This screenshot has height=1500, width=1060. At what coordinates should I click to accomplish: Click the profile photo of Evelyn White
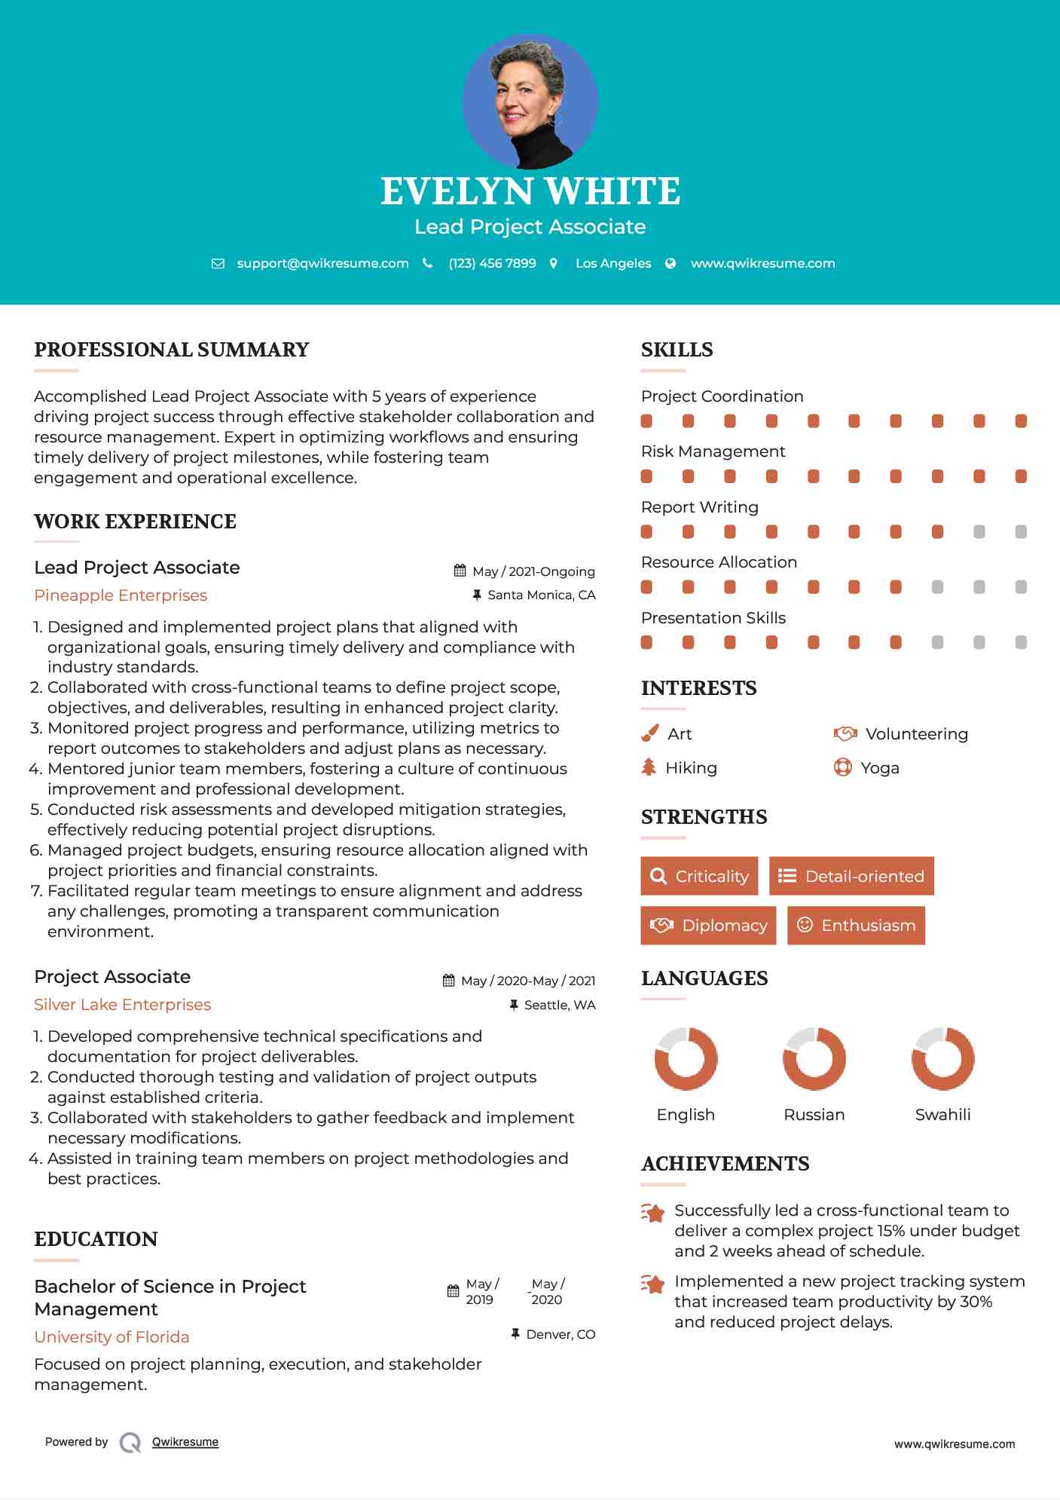pyautogui.click(x=530, y=102)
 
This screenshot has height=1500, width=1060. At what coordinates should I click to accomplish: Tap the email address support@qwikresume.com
pyautogui.click(x=322, y=263)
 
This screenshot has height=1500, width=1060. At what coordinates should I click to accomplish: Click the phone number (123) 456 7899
pyautogui.click(x=492, y=263)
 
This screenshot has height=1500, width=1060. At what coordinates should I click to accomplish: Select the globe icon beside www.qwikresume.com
pyautogui.click(x=671, y=263)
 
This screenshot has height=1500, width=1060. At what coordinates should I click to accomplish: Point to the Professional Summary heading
pyautogui.click(x=172, y=350)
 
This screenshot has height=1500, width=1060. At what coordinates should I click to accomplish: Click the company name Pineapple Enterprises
pyautogui.click(x=121, y=595)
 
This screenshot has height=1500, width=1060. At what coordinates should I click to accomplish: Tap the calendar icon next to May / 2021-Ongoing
pyautogui.click(x=460, y=571)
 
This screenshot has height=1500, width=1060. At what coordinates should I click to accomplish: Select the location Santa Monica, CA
pyautogui.click(x=541, y=595)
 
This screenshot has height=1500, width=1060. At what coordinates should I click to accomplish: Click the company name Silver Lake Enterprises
pyautogui.click(x=122, y=1005)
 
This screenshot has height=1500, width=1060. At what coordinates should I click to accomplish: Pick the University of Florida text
pyautogui.click(x=111, y=1337)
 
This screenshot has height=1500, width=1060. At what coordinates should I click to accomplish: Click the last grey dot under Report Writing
pyautogui.click(x=1021, y=532)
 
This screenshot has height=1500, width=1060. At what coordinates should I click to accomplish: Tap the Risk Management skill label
pyautogui.click(x=713, y=452)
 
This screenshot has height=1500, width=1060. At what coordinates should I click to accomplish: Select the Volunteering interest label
pyautogui.click(x=916, y=734)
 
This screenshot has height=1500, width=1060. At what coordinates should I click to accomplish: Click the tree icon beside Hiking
pyautogui.click(x=649, y=767)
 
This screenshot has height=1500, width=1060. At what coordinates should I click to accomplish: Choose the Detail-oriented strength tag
pyautogui.click(x=851, y=876)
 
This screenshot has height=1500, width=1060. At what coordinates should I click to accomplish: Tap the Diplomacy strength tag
pyautogui.click(x=708, y=926)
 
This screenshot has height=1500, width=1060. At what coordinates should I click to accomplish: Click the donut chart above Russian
pyautogui.click(x=814, y=1058)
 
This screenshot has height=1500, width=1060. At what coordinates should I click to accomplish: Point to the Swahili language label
pyautogui.click(x=942, y=1115)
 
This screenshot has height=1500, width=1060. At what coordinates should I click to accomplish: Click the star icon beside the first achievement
pyautogui.click(x=652, y=1213)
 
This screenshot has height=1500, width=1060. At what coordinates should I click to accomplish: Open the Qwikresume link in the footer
pyautogui.click(x=185, y=1442)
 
